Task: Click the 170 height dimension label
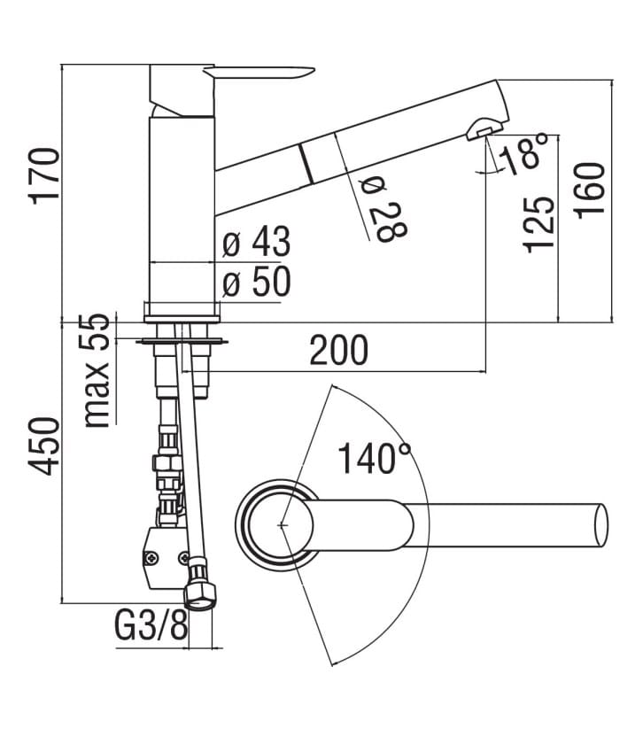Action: (45, 176)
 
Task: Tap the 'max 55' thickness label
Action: (99, 370)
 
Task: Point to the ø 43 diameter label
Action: (256, 242)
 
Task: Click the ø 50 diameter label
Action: (256, 283)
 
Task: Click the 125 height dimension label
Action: (539, 224)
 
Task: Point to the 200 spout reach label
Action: (338, 351)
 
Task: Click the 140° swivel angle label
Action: (375, 458)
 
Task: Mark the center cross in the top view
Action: (283, 524)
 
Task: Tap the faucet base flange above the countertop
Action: (182, 310)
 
